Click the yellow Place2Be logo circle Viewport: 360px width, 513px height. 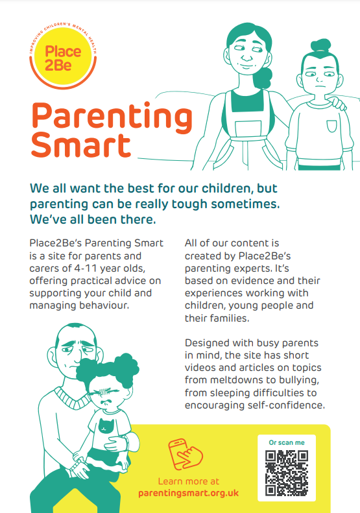[63, 58]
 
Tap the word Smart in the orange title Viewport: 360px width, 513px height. [81, 145]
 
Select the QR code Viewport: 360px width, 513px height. [287, 472]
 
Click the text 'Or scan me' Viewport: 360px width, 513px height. [287, 443]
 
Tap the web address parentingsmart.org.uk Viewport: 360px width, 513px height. [189, 493]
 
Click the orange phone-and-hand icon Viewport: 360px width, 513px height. [186, 455]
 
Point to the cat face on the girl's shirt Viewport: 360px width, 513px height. [105, 425]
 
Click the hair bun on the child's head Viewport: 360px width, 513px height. [320, 45]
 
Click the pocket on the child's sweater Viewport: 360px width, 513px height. [331, 126]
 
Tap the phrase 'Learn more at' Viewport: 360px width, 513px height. [189, 481]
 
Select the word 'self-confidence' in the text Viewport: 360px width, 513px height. [286, 405]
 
